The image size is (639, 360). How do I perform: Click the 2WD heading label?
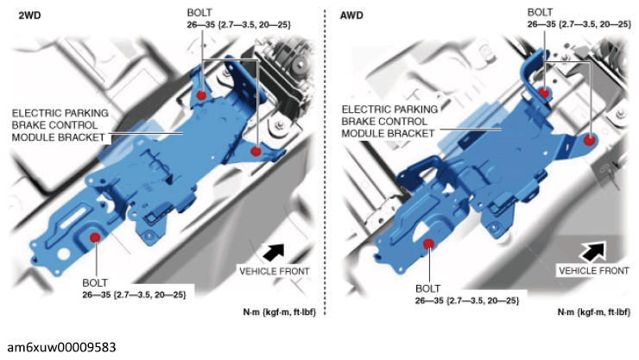[29, 16]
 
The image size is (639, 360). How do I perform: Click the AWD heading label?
[351, 16]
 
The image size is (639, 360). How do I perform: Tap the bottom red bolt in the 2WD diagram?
[95, 237]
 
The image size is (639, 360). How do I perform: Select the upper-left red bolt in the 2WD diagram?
[201, 96]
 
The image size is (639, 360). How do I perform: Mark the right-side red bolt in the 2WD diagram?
[256, 151]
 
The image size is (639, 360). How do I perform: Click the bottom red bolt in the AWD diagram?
[428, 244]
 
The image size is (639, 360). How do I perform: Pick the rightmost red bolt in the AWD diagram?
[589, 141]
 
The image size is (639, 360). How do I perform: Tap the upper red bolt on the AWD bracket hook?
[544, 93]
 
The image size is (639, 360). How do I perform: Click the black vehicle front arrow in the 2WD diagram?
[274, 252]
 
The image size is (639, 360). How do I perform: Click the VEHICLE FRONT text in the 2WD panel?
[275, 271]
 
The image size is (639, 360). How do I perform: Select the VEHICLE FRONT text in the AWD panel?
[594, 270]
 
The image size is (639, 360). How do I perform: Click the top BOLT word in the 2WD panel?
[199, 13]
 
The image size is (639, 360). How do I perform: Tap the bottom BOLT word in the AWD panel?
[428, 288]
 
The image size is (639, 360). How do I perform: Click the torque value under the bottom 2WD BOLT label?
[134, 295]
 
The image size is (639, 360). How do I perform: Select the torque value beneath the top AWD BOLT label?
[579, 24]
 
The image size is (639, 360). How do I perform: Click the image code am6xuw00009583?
[61, 347]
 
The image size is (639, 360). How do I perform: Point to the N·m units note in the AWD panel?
[594, 313]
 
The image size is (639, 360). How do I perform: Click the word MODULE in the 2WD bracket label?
[30, 137]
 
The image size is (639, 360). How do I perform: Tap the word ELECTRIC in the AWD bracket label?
[363, 110]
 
